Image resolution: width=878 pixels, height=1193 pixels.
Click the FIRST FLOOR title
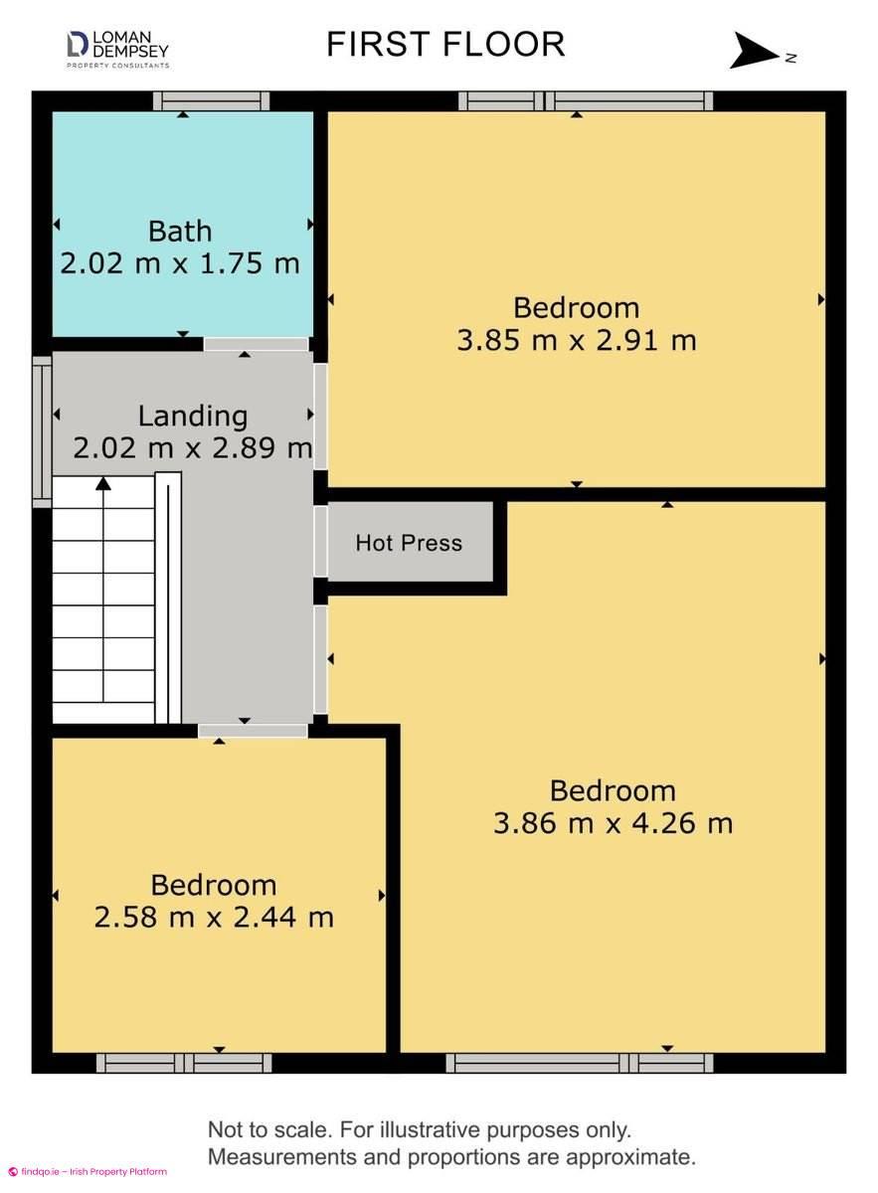pos(445,44)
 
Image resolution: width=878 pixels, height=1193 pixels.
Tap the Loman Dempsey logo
pos(117,50)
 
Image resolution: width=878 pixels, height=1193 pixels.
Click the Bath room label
pos(180,231)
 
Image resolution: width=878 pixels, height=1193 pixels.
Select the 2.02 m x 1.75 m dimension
pos(180,263)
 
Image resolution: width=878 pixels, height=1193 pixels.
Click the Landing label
pos(193,417)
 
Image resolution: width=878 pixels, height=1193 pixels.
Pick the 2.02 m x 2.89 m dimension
pos(193,447)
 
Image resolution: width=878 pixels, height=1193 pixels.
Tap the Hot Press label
pos(409,543)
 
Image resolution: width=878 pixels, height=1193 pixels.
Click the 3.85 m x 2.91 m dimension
pos(577,340)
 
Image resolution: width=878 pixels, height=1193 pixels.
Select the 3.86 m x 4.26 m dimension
pos(614,823)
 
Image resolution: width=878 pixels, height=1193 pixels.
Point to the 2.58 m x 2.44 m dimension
pos(214,917)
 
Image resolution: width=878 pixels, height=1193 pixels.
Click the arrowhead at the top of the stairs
pos(103,483)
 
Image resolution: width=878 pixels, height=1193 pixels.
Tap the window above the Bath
pos(212,100)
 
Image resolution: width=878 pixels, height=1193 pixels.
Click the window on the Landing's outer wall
pos(42,431)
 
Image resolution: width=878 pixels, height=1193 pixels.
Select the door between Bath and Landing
pos(257,344)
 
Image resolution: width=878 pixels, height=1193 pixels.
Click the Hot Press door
pos(320,541)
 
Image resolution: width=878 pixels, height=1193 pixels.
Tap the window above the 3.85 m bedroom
pos(586,100)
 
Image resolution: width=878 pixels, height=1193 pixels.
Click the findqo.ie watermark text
pos(88,1171)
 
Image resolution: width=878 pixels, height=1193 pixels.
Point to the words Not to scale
pos(269,1129)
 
